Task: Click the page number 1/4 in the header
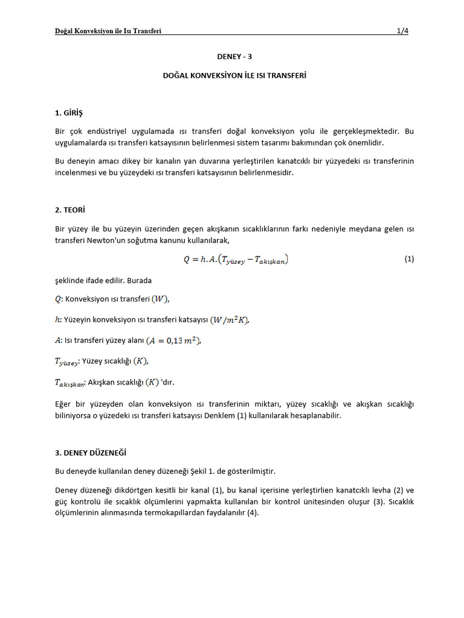(402, 31)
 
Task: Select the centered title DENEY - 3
(234, 57)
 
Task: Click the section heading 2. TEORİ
(71, 211)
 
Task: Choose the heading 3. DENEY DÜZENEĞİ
(91, 453)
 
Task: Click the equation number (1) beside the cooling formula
(409, 259)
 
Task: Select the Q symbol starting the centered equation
(187, 260)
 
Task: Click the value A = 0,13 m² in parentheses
(173, 341)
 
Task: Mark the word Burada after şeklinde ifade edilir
(139, 281)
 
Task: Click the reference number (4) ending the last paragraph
(253, 513)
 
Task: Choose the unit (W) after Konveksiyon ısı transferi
(160, 299)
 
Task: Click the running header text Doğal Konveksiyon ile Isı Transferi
(108, 31)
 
